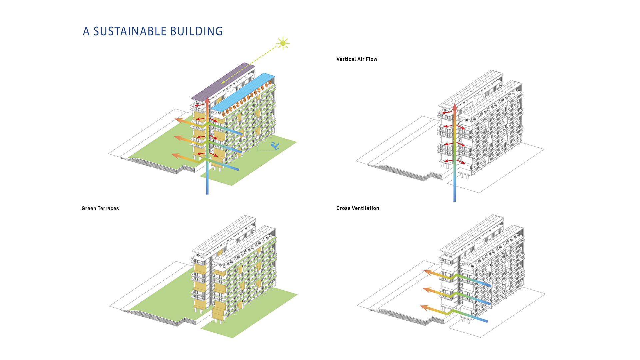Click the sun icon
point(283,43)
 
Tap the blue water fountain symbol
point(275,146)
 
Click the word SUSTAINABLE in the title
point(130,31)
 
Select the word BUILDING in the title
point(196,31)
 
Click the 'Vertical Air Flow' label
point(357,59)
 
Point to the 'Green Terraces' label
point(100,208)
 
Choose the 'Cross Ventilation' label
point(358,208)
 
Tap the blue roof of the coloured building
point(243,92)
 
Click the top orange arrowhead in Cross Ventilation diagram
point(427,272)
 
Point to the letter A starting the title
point(86,31)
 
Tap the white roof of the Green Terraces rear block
point(223,233)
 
